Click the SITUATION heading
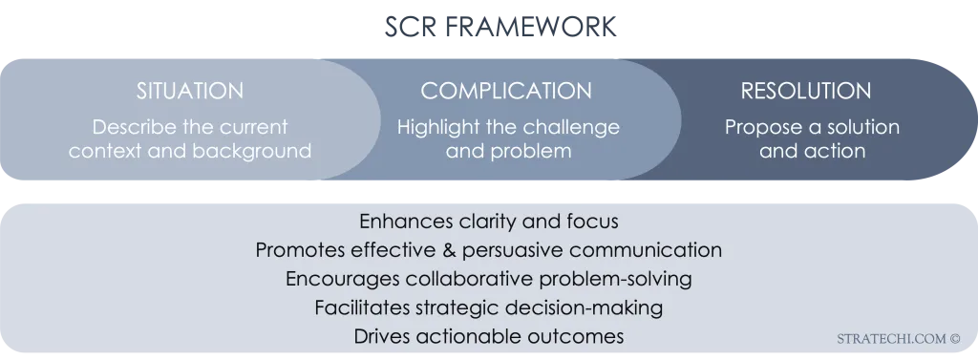189,92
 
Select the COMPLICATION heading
506,92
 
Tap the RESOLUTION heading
805,92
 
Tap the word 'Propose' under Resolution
758,127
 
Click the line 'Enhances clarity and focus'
488,222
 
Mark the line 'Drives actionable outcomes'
488,336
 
